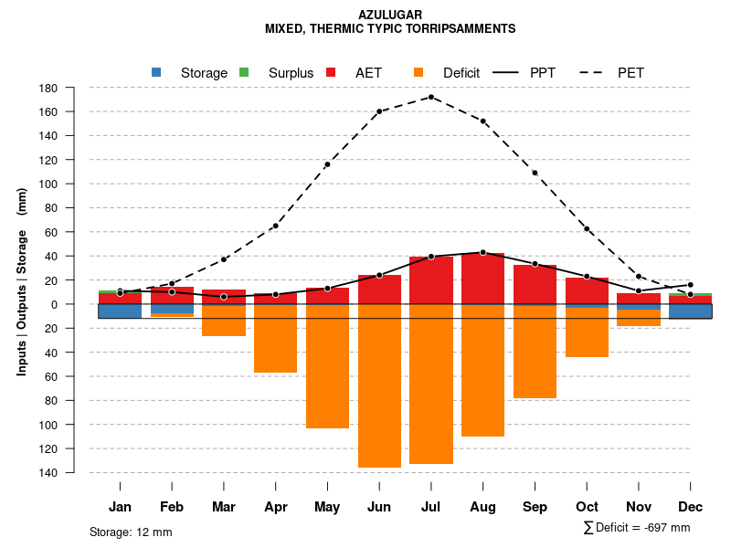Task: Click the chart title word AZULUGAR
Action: click(390, 16)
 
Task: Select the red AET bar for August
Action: click(483, 279)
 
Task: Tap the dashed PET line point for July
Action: click(431, 97)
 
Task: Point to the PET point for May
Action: click(327, 164)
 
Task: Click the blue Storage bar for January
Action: click(120, 311)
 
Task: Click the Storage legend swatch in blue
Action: click(156, 72)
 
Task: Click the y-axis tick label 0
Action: click(55, 304)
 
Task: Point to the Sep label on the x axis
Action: click(535, 507)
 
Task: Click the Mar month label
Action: click(224, 507)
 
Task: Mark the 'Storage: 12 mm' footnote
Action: click(131, 532)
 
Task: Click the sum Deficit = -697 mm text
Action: click(636, 527)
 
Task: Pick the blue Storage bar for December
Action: click(690, 311)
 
